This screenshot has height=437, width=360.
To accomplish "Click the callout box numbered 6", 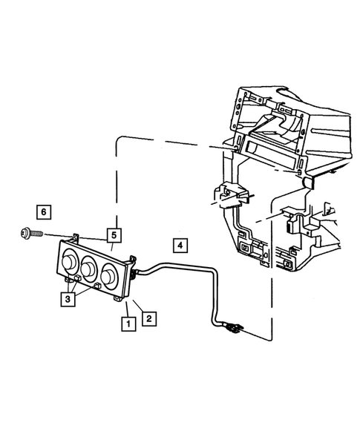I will coord(44,212).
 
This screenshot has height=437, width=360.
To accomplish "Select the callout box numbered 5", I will coord(113,235).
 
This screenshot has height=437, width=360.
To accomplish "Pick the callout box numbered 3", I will coord(68,299).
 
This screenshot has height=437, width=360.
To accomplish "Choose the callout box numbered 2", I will coord(148,318).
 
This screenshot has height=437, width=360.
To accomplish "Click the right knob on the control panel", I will coord(111,275).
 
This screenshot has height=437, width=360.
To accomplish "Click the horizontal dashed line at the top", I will coord(171,139).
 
